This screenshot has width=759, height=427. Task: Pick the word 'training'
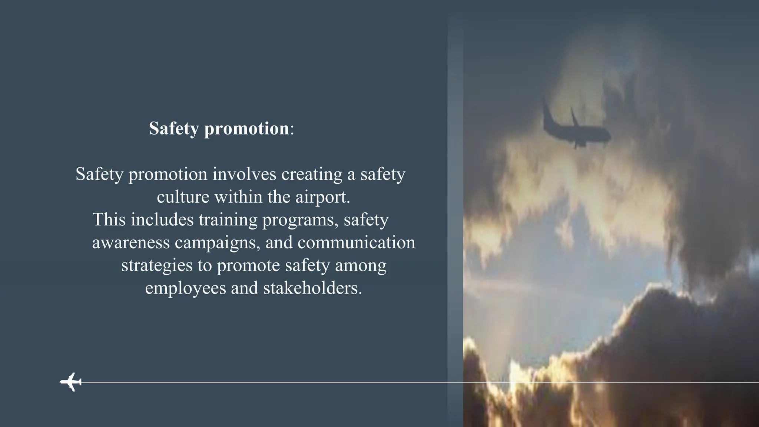pos(228,220)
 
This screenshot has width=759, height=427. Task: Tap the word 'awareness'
pos(131,243)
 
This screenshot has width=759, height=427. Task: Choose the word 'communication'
pos(356,243)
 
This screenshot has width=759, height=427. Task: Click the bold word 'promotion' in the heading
pos(246,129)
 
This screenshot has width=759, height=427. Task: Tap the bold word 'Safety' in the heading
pos(174,129)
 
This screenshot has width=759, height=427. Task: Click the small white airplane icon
pos(71,381)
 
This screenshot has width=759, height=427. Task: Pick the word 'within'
pos(238,197)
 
